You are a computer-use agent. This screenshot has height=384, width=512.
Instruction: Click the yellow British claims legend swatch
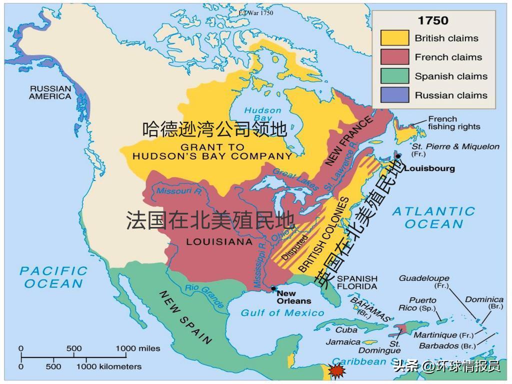tap(394, 38)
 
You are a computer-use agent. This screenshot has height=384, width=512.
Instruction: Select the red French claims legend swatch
tap(394, 57)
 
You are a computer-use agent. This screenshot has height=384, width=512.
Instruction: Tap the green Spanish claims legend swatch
tap(394, 76)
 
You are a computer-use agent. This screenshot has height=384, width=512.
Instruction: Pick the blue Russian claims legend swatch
tap(394, 95)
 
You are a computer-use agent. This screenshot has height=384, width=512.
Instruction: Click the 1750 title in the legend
tap(433, 21)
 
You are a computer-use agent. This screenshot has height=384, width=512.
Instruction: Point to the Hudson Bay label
tap(262, 114)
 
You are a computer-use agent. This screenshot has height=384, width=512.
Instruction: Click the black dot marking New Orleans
tap(273, 288)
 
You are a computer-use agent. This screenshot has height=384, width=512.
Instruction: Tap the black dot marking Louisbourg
tap(398, 156)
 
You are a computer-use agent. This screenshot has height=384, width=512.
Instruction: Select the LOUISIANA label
tap(219, 242)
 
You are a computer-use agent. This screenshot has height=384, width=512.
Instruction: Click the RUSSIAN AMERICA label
tap(50, 92)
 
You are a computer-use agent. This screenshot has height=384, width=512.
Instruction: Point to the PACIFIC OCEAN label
tap(53, 277)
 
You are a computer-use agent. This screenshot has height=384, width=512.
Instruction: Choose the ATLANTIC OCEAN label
tap(433, 217)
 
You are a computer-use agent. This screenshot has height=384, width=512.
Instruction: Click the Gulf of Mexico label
tap(282, 313)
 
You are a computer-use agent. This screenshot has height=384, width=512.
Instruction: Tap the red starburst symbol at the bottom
tap(336, 372)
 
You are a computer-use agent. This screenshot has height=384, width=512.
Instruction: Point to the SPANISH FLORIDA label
tap(356, 282)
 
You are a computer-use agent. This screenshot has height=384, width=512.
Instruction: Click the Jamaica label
tap(343, 342)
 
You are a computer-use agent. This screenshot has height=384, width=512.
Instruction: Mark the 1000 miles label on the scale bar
tap(138, 348)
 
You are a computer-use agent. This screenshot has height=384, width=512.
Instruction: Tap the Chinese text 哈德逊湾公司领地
tap(214, 129)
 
